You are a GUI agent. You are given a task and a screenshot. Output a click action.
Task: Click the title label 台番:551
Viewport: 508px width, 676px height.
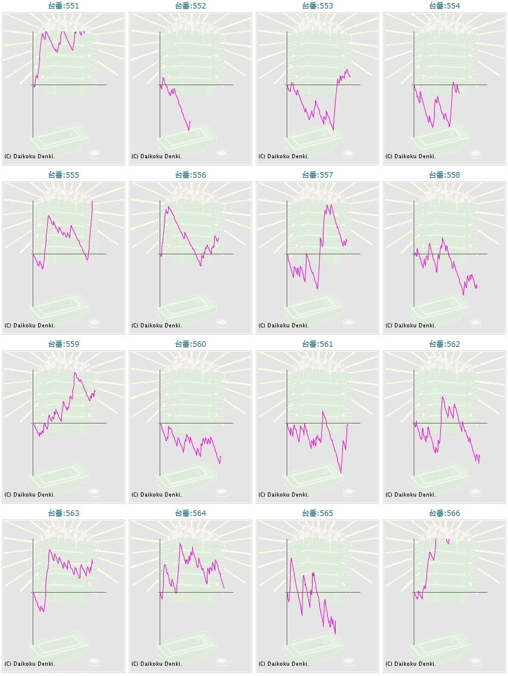click(x=63, y=5)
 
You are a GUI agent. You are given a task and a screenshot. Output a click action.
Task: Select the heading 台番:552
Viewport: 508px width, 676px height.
click(x=190, y=5)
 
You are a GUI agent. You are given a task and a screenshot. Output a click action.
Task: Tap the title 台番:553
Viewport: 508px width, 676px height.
click(x=317, y=5)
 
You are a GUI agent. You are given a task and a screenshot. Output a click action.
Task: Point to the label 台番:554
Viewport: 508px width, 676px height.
click(x=444, y=5)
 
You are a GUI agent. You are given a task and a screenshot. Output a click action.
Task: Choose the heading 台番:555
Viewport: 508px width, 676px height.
click(x=63, y=175)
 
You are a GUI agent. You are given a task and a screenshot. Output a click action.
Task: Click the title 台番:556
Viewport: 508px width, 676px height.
click(x=190, y=175)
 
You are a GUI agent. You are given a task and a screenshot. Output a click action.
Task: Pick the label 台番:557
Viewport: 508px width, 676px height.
click(x=317, y=175)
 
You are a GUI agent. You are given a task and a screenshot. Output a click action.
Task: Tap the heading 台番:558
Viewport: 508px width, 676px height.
click(x=444, y=175)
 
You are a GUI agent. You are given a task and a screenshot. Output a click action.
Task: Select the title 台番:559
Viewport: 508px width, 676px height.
click(x=63, y=344)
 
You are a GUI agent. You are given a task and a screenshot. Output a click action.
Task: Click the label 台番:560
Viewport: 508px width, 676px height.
click(x=190, y=344)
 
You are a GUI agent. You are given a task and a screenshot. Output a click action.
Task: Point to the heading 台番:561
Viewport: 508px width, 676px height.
click(x=317, y=344)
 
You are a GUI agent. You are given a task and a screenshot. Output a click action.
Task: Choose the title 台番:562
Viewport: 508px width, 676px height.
click(x=444, y=344)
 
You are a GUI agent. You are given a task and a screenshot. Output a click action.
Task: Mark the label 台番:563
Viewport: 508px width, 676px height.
click(x=63, y=513)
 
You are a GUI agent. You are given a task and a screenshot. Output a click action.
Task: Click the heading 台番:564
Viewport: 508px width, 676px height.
click(x=190, y=513)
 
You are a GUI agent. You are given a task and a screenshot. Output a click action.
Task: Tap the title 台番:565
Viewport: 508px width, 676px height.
click(x=317, y=513)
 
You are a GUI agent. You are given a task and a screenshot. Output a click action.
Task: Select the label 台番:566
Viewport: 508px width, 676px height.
click(x=444, y=513)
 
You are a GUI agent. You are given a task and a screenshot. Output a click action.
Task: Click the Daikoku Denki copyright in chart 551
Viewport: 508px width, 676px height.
click(x=30, y=156)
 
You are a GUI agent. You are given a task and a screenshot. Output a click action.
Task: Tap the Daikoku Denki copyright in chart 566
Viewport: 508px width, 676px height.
click(x=411, y=663)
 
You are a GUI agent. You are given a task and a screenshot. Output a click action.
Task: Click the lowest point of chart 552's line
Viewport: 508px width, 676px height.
click(x=189, y=130)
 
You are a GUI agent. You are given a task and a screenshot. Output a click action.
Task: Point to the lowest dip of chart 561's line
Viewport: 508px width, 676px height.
click(x=341, y=473)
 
